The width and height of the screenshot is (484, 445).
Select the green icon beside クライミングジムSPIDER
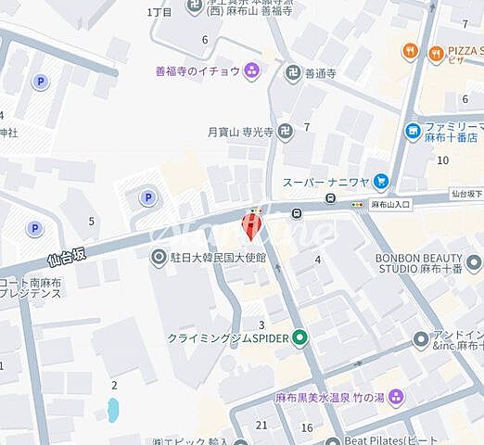(299, 339)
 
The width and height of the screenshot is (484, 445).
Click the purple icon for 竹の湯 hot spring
(397, 396)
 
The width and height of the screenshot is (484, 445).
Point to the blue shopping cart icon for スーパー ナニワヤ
(381, 183)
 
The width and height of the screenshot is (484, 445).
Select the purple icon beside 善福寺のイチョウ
(251, 70)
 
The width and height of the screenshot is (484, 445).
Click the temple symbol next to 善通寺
(294, 70)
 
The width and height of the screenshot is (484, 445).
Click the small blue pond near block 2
(113, 408)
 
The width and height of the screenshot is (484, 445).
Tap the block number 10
(443, 160)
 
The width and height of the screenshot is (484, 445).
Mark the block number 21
(261, 425)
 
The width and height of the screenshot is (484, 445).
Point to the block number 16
(306, 426)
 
